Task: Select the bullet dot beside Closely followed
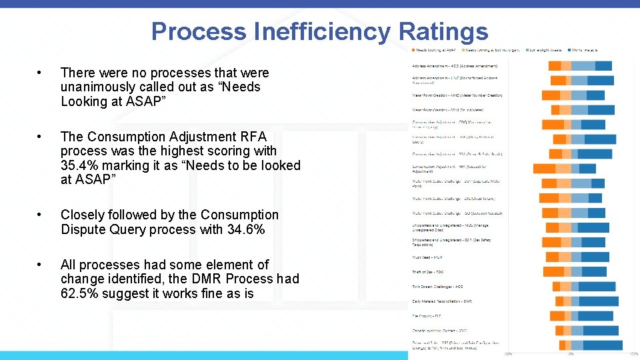(x=41, y=215)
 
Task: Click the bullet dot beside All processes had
(x=41, y=265)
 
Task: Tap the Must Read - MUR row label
(x=427, y=257)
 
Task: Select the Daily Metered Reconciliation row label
(x=442, y=301)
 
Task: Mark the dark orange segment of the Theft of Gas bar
(x=553, y=272)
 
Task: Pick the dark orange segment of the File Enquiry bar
(x=557, y=316)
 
